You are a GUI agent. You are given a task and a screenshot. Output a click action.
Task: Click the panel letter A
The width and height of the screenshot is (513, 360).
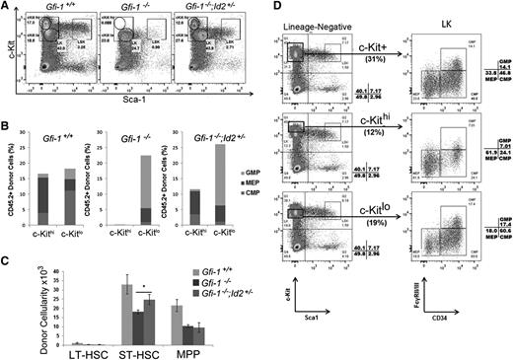click(x=8, y=7)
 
